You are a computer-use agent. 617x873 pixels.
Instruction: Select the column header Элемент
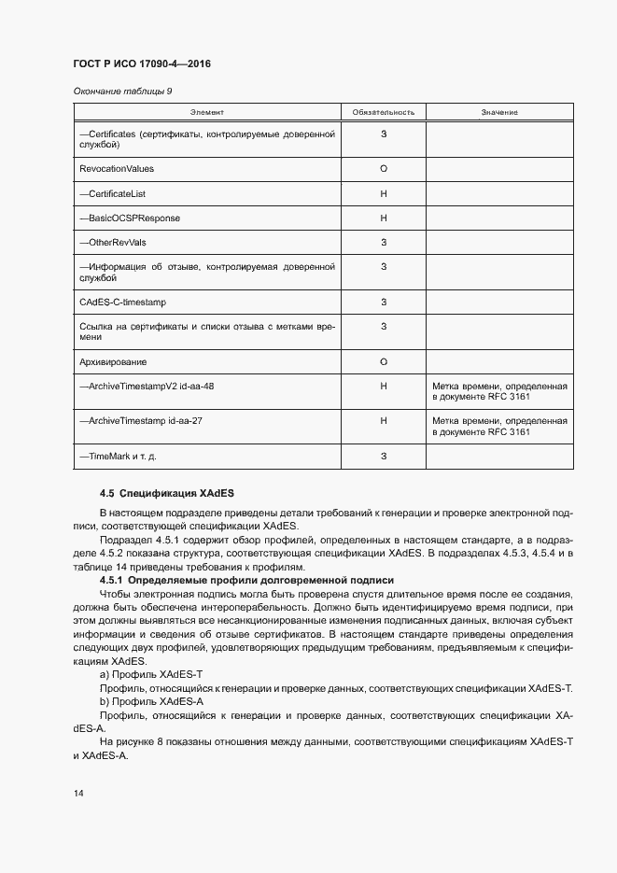(207, 112)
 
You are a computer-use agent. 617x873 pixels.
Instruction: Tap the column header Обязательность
(384, 112)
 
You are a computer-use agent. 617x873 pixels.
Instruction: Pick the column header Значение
(499, 112)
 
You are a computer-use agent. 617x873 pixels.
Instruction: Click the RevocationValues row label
(118, 169)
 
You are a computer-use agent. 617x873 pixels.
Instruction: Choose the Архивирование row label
(114, 361)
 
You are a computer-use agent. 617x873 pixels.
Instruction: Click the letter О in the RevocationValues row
(384, 169)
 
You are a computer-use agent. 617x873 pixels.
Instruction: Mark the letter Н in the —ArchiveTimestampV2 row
(384, 386)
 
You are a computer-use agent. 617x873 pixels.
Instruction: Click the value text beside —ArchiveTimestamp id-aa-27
(499, 427)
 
